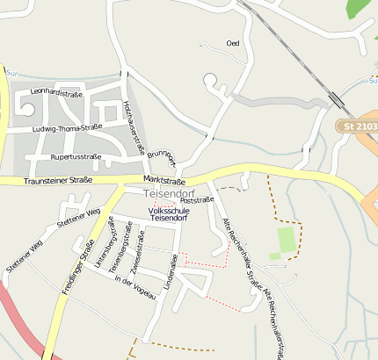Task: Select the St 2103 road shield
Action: (x=360, y=127)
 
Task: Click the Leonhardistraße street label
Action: (x=56, y=91)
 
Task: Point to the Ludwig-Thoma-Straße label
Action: (x=65, y=128)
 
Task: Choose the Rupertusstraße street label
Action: (x=76, y=157)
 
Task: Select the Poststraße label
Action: (x=197, y=200)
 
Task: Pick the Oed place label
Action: (x=233, y=42)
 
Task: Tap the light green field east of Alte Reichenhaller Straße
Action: (x=285, y=240)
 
